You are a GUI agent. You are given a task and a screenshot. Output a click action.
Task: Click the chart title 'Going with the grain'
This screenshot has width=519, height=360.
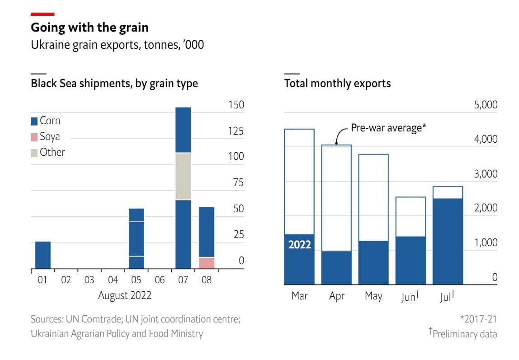[x=90, y=28]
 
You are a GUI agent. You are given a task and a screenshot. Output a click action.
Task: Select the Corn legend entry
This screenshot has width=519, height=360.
[x=45, y=121]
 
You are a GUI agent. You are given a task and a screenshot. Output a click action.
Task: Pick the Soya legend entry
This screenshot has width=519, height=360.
[x=45, y=137]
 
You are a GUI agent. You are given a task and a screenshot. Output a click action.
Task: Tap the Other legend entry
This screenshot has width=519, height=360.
[x=48, y=153]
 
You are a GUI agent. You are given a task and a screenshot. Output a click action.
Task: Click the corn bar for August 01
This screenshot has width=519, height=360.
[x=43, y=255]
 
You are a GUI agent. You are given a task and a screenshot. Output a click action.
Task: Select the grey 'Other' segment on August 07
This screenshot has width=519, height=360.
[x=183, y=177]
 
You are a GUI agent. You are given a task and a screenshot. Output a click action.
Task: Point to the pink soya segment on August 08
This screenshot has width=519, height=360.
[x=207, y=263]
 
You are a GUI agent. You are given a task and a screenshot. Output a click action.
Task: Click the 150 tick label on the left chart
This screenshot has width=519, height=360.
[x=236, y=105]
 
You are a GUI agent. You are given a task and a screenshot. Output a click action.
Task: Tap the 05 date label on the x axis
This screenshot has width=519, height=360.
[x=136, y=280]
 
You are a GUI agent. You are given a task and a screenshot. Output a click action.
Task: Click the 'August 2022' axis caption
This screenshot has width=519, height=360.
[x=125, y=296]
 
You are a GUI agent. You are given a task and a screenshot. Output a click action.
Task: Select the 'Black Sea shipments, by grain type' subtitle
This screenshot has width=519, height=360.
[x=114, y=84]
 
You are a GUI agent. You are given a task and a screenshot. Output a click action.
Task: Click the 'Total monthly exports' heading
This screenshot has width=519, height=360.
[x=337, y=84]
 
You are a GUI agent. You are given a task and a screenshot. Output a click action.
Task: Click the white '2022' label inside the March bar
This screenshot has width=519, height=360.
[x=300, y=245]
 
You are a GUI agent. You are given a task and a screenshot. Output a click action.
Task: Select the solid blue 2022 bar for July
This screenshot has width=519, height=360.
[x=448, y=242]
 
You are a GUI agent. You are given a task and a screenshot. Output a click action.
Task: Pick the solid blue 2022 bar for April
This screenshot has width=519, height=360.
[x=336, y=268]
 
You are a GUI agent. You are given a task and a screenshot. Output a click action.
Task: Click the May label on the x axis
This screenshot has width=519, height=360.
[x=373, y=296]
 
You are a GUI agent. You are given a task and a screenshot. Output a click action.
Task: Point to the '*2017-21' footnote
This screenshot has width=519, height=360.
[x=478, y=319]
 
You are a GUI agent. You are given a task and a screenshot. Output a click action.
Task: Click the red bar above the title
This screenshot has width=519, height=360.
[x=42, y=14]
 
